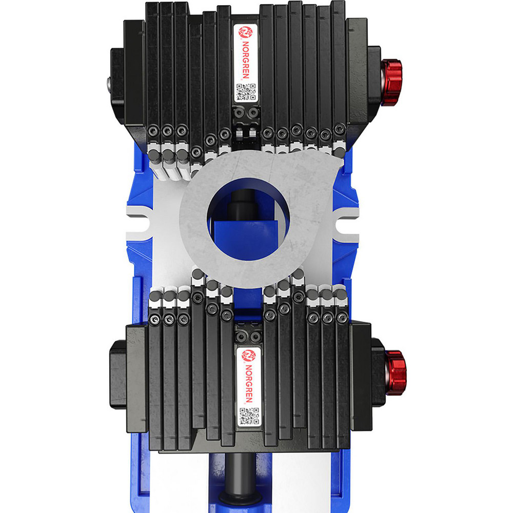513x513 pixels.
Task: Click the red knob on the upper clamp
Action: (392, 82)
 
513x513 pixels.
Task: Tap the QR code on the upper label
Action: (246, 92)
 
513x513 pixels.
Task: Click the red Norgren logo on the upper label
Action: (245, 32)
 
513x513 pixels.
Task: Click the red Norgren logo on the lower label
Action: (248, 354)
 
